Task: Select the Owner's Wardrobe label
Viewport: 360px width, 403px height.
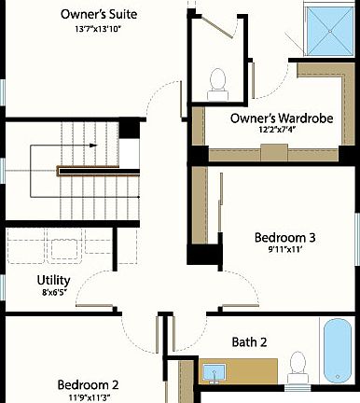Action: point(275,118)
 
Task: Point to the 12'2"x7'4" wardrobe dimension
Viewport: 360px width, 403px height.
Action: point(275,132)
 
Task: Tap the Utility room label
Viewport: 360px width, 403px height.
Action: point(54,280)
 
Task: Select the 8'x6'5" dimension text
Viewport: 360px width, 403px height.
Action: point(54,293)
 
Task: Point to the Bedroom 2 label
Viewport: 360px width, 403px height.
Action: point(88,384)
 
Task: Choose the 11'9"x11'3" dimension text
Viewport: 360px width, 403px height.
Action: point(88,397)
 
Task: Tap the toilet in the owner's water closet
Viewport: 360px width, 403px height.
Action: point(220,82)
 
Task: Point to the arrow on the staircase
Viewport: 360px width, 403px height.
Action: point(93,146)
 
